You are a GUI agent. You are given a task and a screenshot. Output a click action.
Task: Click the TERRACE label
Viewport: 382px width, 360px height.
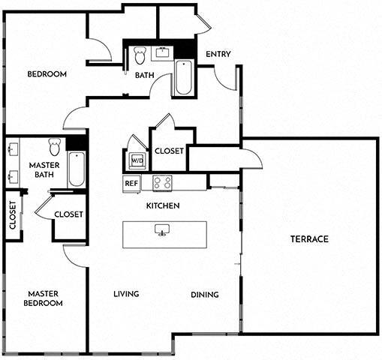point(310,239)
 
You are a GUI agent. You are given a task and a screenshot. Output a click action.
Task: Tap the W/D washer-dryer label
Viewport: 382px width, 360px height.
point(137,160)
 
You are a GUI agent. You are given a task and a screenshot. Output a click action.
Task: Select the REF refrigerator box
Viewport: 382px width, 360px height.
point(131,182)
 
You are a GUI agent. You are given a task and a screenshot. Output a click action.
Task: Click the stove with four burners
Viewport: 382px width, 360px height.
point(162,182)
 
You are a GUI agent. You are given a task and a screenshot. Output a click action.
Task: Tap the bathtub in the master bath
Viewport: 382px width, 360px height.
point(77,169)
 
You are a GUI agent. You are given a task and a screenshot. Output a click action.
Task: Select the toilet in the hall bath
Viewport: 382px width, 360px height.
point(139,55)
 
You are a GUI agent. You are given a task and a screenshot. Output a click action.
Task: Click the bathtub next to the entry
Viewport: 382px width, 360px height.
point(183,78)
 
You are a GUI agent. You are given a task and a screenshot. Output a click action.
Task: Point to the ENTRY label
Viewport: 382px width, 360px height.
point(218,53)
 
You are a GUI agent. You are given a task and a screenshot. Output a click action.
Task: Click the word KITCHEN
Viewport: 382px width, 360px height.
point(162,205)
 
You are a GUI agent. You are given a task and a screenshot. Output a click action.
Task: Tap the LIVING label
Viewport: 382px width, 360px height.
point(126,294)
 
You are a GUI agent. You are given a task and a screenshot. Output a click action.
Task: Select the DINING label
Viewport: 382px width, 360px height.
point(204,295)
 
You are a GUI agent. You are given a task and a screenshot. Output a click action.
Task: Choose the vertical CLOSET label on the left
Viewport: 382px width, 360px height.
point(13,215)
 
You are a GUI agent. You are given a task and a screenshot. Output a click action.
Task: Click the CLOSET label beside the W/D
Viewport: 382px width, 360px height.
point(169,151)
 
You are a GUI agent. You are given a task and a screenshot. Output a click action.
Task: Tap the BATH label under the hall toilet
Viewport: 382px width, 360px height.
point(145,75)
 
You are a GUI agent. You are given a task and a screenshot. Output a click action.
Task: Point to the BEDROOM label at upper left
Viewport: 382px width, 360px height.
point(47,74)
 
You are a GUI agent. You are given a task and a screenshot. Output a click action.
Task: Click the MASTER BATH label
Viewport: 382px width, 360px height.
point(44,169)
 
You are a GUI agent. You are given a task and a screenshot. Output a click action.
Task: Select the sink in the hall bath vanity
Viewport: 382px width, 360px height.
point(163,52)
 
